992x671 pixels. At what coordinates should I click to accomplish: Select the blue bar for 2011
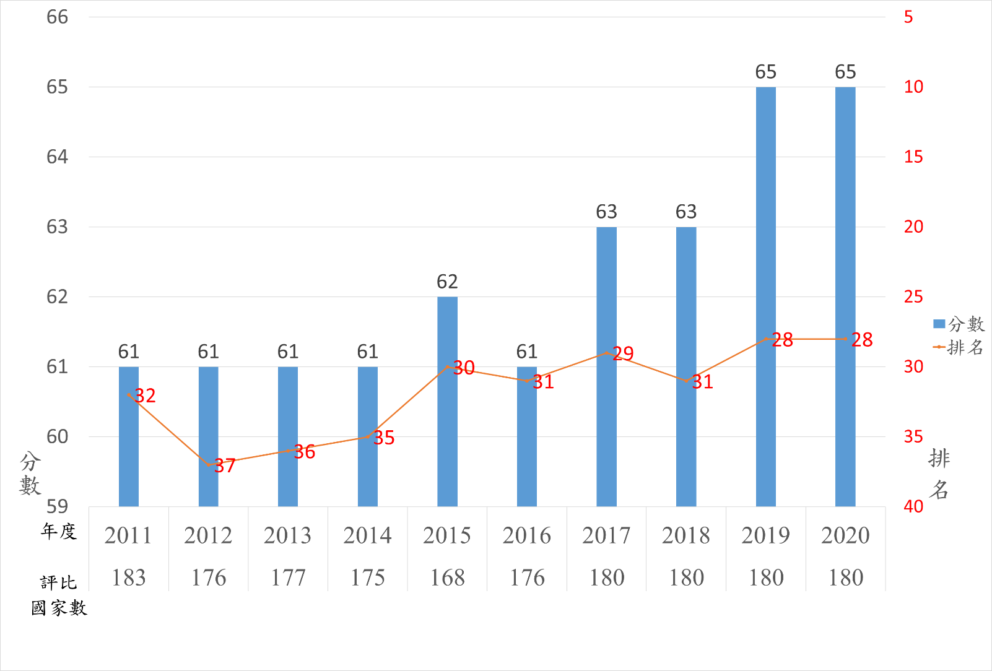click(x=129, y=436)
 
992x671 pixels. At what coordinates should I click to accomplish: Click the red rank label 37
click(x=225, y=465)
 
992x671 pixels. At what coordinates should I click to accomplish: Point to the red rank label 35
click(x=384, y=438)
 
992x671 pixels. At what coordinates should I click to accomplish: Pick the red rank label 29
click(x=623, y=353)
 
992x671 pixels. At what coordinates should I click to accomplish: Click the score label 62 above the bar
click(x=447, y=282)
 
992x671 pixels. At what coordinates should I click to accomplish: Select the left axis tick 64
click(x=57, y=157)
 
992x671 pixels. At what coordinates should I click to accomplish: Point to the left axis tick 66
click(x=57, y=17)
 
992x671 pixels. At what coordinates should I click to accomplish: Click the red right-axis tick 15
click(x=913, y=157)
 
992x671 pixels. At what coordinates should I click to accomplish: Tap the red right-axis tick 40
click(x=913, y=506)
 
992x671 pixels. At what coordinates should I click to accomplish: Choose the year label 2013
click(x=288, y=535)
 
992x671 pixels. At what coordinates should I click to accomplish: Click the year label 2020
click(x=845, y=535)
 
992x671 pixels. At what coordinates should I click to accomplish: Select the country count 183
click(x=129, y=578)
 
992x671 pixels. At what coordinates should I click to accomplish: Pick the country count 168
click(x=447, y=578)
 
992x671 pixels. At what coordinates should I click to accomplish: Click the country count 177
click(x=288, y=578)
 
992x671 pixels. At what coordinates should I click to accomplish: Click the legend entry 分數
click(x=959, y=324)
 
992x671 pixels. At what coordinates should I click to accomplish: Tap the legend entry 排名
click(x=959, y=347)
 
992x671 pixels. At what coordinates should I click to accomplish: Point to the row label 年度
click(x=58, y=531)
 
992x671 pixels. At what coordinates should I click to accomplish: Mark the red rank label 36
click(x=304, y=452)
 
